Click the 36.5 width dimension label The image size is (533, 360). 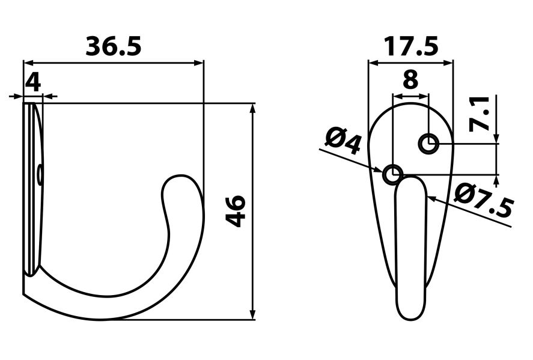point(114,46)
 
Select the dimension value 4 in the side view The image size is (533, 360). point(33,82)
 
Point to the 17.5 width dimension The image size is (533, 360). point(411,47)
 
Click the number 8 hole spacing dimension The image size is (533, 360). point(410,79)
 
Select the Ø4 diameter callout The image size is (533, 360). point(343,142)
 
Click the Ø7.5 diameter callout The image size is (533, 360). point(484,201)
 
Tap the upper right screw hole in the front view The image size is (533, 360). point(428,144)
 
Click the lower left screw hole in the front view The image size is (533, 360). point(392,174)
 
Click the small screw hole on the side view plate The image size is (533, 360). point(40,175)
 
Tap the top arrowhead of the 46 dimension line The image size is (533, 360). point(252,108)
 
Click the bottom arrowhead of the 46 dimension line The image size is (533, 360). point(252,315)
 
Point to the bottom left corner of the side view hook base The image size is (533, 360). point(24,294)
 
